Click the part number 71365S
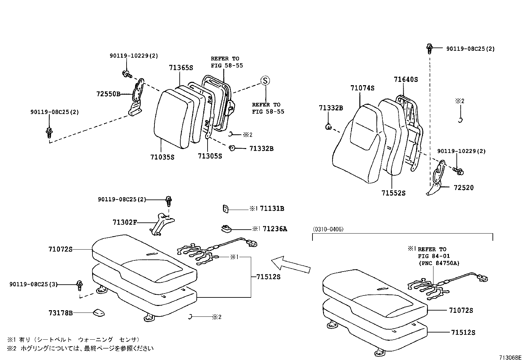181,68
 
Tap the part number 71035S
162,157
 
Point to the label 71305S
210,156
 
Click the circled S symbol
265,81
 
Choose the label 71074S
362,88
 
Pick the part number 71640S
406,79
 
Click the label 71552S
393,193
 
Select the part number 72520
464,188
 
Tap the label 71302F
124,222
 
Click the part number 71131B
272,208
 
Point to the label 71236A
275,229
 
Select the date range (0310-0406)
328,229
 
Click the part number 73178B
60,313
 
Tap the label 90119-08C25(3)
33,284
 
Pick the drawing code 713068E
510,357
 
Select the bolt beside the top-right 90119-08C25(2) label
429,48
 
